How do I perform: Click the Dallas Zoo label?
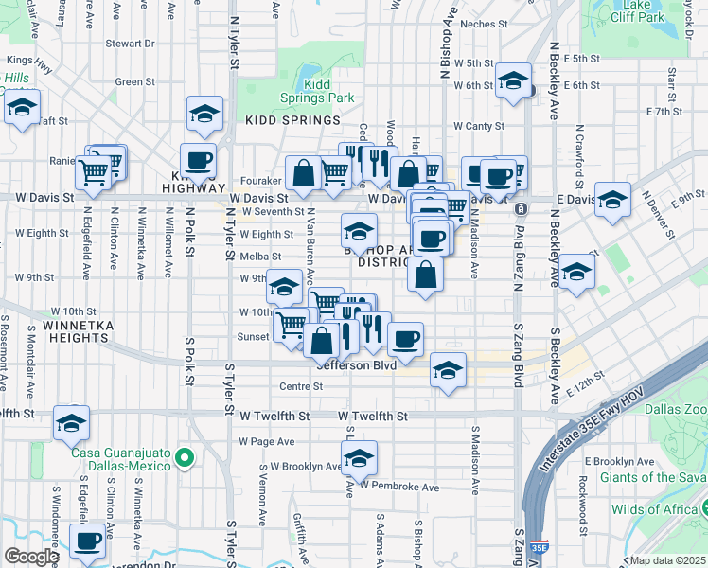(x=676, y=410)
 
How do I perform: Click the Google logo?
(x=31, y=557)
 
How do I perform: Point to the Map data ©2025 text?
(x=667, y=560)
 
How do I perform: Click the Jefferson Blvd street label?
(x=356, y=364)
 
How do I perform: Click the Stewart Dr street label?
(x=130, y=44)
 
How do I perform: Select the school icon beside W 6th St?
(x=513, y=81)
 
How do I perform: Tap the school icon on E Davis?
(x=612, y=199)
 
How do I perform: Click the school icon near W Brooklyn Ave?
(x=359, y=458)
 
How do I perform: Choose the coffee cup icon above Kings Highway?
(x=199, y=160)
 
